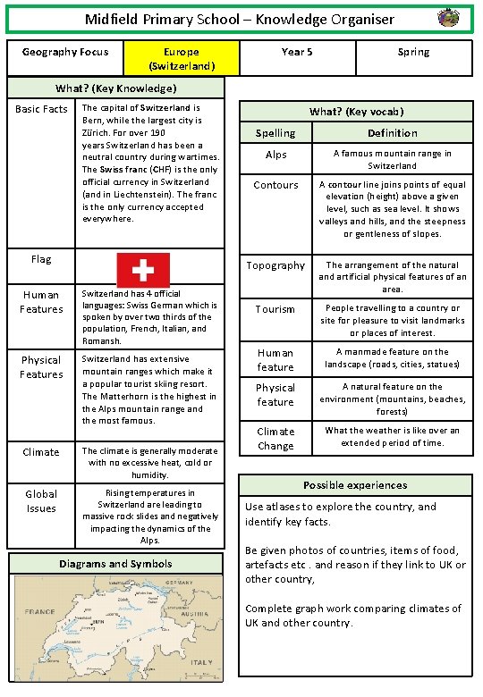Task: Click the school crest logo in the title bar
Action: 448,18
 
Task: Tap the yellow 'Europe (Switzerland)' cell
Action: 182,59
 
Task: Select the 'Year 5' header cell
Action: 297,53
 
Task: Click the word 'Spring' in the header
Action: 413,53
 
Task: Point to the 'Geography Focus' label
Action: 64,53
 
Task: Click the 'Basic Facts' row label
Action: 41,110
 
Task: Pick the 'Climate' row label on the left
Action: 41,452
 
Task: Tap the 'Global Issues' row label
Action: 41,501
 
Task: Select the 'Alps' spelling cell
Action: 275,155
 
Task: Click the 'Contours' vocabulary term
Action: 275,185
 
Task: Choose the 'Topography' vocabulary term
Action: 275,265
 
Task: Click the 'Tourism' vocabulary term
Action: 275,309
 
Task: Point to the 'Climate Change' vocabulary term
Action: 275,438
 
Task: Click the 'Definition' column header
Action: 392,133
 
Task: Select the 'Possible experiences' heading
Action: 355,485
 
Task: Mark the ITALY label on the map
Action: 201,662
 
